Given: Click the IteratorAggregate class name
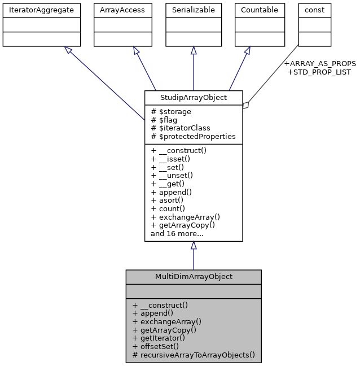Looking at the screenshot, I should click(42, 10).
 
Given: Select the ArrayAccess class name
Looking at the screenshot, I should click(122, 10).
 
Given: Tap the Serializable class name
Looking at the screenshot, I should click(194, 10).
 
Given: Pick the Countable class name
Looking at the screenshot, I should click(259, 10).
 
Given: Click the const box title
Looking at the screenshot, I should click(314, 10).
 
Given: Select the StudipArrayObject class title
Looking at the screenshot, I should click(194, 98).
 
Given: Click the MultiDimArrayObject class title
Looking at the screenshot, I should click(194, 277).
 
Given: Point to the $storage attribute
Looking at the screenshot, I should click(171, 112).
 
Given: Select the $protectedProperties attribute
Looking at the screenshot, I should click(193, 137).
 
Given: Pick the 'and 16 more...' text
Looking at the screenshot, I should click(177, 233).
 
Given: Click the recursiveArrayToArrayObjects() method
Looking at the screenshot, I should click(194, 356).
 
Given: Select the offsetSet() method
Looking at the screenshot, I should click(156, 346).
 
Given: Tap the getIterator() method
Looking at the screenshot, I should click(159, 338).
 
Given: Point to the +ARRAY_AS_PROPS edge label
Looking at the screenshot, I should click(319, 63).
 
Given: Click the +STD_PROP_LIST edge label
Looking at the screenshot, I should click(319, 72).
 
